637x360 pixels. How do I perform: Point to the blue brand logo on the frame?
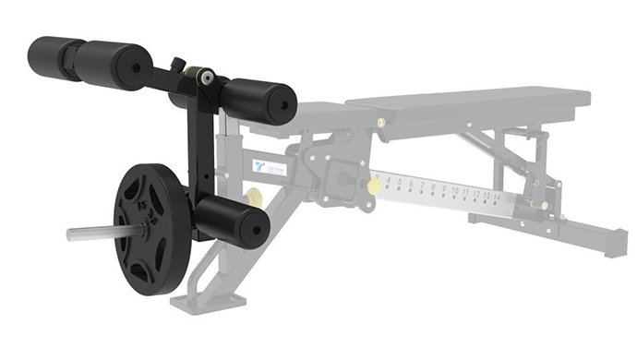(x=260, y=167)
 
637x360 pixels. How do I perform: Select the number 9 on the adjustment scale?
(x=442, y=193)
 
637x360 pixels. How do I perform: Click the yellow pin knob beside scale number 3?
(x=374, y=185)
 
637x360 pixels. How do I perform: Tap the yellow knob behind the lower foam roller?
(x=252, y=197)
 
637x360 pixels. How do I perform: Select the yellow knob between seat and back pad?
(x=380, y=121)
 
